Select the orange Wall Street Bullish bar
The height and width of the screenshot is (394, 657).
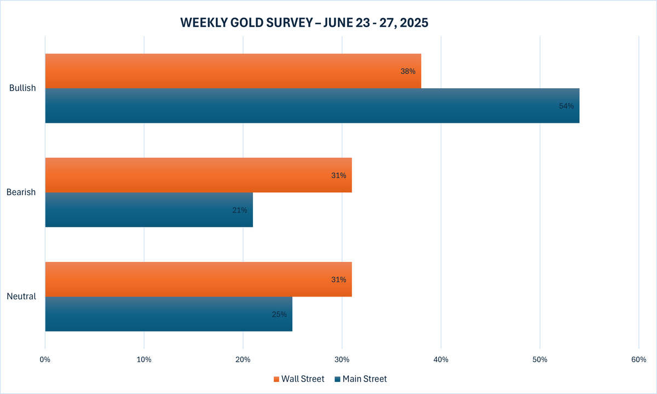(233, 71)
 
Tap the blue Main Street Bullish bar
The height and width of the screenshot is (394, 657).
(312, 106)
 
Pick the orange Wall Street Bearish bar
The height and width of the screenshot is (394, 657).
(198, 175)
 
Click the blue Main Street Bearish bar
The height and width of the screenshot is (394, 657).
(149, 210)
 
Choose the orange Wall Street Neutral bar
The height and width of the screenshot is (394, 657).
(198, 279)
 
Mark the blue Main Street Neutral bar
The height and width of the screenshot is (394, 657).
(169, 314)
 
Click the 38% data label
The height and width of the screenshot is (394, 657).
(408, 71)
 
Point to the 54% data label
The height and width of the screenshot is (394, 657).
(566, 106)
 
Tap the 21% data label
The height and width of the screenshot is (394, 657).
(239, 210)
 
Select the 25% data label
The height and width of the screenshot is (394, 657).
(279, 314)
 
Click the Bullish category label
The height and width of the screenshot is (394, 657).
(22, 88)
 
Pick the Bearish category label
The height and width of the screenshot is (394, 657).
(21, 192)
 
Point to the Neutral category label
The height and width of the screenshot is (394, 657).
(21, 296)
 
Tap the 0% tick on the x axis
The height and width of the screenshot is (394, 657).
(45, 359)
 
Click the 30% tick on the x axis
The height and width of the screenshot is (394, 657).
(342, 359)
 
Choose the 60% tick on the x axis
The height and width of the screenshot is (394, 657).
(638, 359)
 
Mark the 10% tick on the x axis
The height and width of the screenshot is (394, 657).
(144, 359)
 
